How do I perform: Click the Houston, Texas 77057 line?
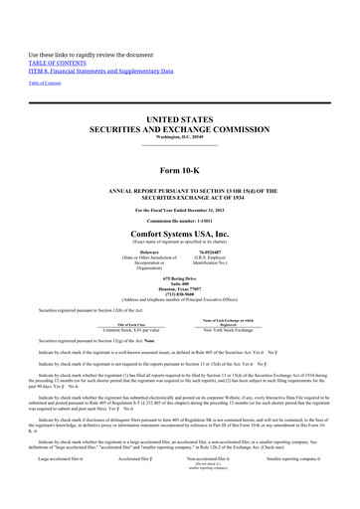179,291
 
